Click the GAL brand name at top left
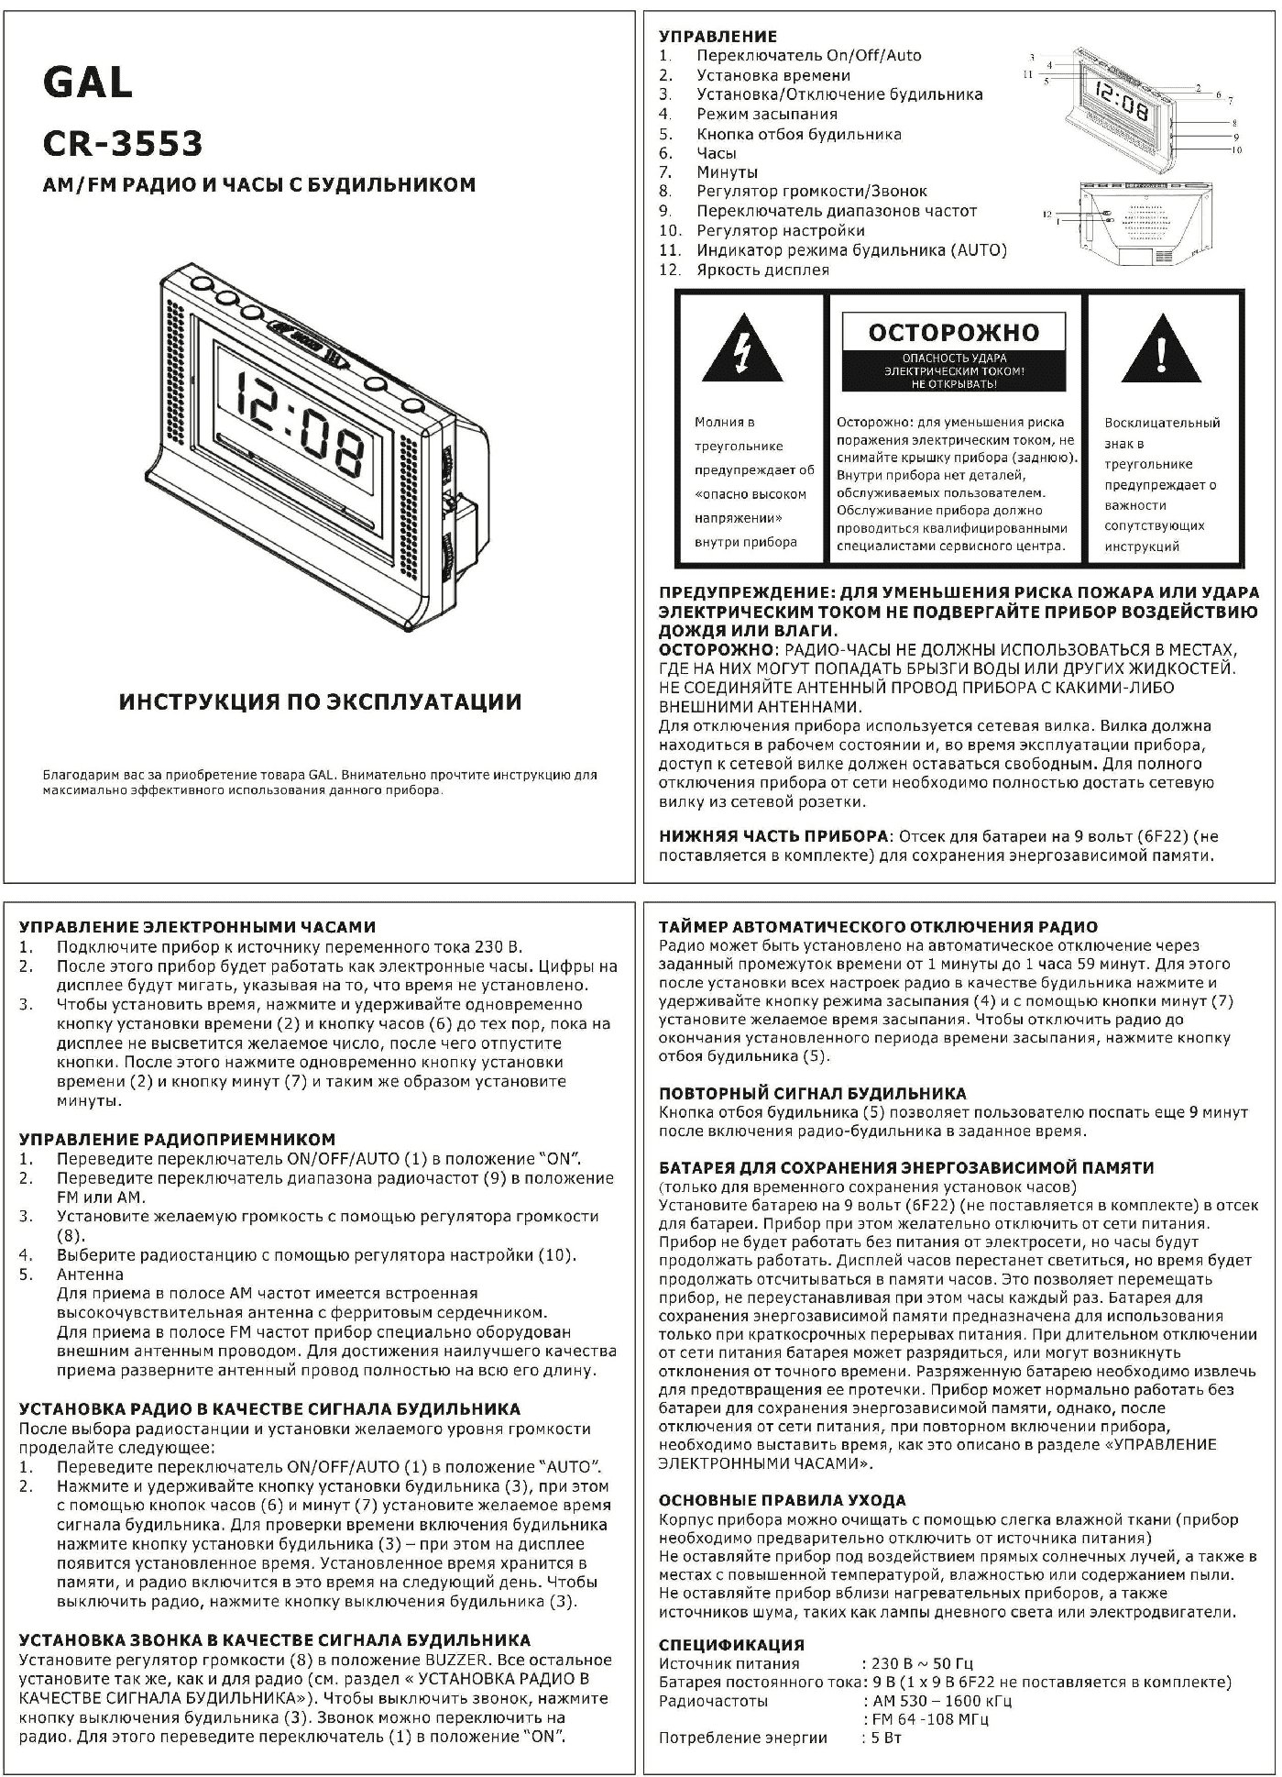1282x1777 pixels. pyautogui.click(x=88, y=84)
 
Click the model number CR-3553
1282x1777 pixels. pyautogui.click(x=123, y=143)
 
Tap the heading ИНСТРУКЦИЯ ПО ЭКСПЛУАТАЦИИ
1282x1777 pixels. pyautogui.click(x=321, y=701)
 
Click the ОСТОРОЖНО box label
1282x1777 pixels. pyautogui.click(x=954, y=332)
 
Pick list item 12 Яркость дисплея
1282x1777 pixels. pyautogui.click(x=762, y=270)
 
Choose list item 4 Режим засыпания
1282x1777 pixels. pyautogui.click(x=766, y=114)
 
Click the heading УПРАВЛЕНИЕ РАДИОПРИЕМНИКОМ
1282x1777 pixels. pyautogui.click(x=177, y=1140)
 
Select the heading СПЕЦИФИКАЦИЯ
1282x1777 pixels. pyautogui.click(x=731, y=1644)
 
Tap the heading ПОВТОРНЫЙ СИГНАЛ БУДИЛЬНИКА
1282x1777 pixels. pyautogui.click(x=813, y=1093)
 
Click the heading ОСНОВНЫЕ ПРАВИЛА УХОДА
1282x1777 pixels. pyautogui.click(x=783, y=1500)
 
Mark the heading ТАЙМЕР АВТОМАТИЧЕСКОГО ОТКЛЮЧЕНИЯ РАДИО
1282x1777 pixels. pyautogui.click(x=878, y=926)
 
